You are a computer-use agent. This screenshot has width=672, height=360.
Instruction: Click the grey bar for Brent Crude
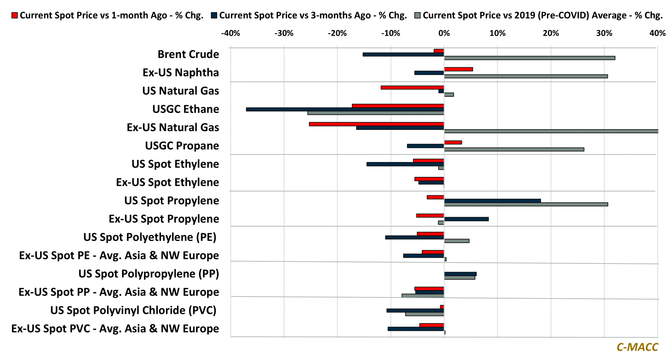coord(530,58)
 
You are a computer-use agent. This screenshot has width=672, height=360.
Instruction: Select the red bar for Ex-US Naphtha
coord(458,69)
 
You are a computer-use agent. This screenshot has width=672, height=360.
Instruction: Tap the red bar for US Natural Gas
coord(412,88)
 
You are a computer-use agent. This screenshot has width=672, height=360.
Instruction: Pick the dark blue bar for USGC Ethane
coord(345,109)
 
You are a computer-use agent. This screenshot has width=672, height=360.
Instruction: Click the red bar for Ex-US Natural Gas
coord(376,124)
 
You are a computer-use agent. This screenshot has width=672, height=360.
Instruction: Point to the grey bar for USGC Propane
coord(514,150)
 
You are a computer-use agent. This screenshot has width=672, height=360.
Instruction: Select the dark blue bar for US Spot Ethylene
coord(405,164)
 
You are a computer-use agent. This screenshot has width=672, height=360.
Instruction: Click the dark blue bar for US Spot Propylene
coord(492,201)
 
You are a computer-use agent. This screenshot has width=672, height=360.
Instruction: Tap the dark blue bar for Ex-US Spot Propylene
coord(466,219)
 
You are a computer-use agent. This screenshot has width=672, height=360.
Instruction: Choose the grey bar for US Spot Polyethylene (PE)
coord(457,241)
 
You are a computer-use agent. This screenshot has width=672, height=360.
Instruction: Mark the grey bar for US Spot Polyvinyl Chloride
coord(424,314)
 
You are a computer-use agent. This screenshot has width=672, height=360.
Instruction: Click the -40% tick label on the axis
coord(230,33)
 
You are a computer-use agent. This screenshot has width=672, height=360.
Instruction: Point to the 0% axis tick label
coord(444,33)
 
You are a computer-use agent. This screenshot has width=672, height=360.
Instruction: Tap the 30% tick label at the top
coord(604,33)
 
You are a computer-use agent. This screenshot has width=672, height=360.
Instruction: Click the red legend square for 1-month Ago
coord(14,15)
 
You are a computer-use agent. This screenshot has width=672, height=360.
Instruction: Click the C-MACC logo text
coord(637,347)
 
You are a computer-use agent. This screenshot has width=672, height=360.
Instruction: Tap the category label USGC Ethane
coord(185,109)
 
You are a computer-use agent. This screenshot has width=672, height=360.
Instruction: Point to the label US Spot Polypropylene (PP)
coord(149,274)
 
